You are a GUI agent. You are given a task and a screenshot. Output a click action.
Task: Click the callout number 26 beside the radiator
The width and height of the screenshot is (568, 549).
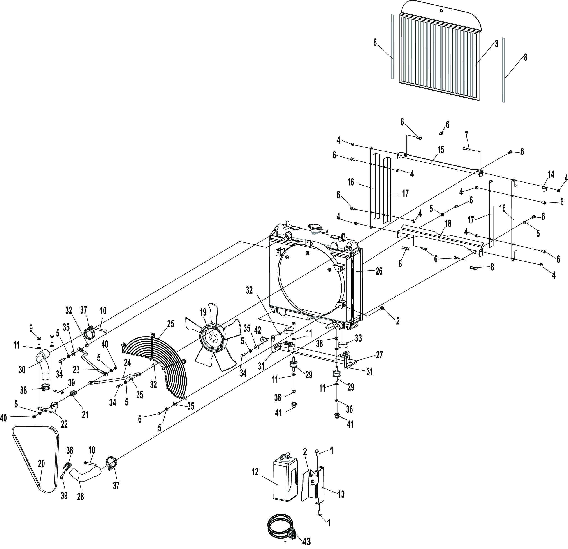point(379,271)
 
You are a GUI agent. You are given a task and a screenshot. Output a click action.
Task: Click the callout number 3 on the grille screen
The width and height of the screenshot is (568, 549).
point(496,44)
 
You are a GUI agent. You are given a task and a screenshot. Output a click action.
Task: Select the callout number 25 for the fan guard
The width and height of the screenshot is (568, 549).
point(171,324)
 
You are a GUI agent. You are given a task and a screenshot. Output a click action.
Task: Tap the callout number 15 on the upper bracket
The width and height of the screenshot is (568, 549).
point(441,150)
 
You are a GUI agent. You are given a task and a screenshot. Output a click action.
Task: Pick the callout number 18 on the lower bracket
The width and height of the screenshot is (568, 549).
point(448,223)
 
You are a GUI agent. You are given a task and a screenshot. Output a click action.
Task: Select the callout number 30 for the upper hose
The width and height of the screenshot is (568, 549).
point(22,370)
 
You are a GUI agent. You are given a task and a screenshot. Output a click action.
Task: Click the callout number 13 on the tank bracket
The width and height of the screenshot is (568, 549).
point(341,494)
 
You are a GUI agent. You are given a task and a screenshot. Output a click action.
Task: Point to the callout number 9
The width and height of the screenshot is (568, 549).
point(31,328)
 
